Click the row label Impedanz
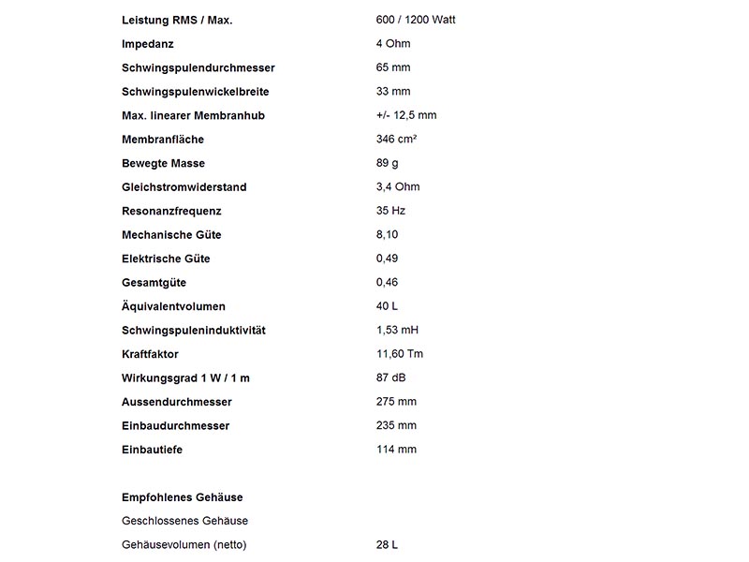coord(148,44)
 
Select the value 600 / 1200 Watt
coord(416,20)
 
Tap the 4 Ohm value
coord(393,44)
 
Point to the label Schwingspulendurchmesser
coord(198,67)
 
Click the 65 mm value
coord(393,67)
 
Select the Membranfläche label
coord(163,140)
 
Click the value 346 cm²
coord(396,140)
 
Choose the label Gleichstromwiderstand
coord(184,187)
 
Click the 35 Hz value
coord(390,211)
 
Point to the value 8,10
coord(388,235)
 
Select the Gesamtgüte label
coord(154,283)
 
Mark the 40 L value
coord(387,306)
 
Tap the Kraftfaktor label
coord(150,354)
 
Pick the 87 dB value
coord(390,377)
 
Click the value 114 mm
coord(396,450)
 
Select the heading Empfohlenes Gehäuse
coord(183,497)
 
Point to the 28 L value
coord(387,545)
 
